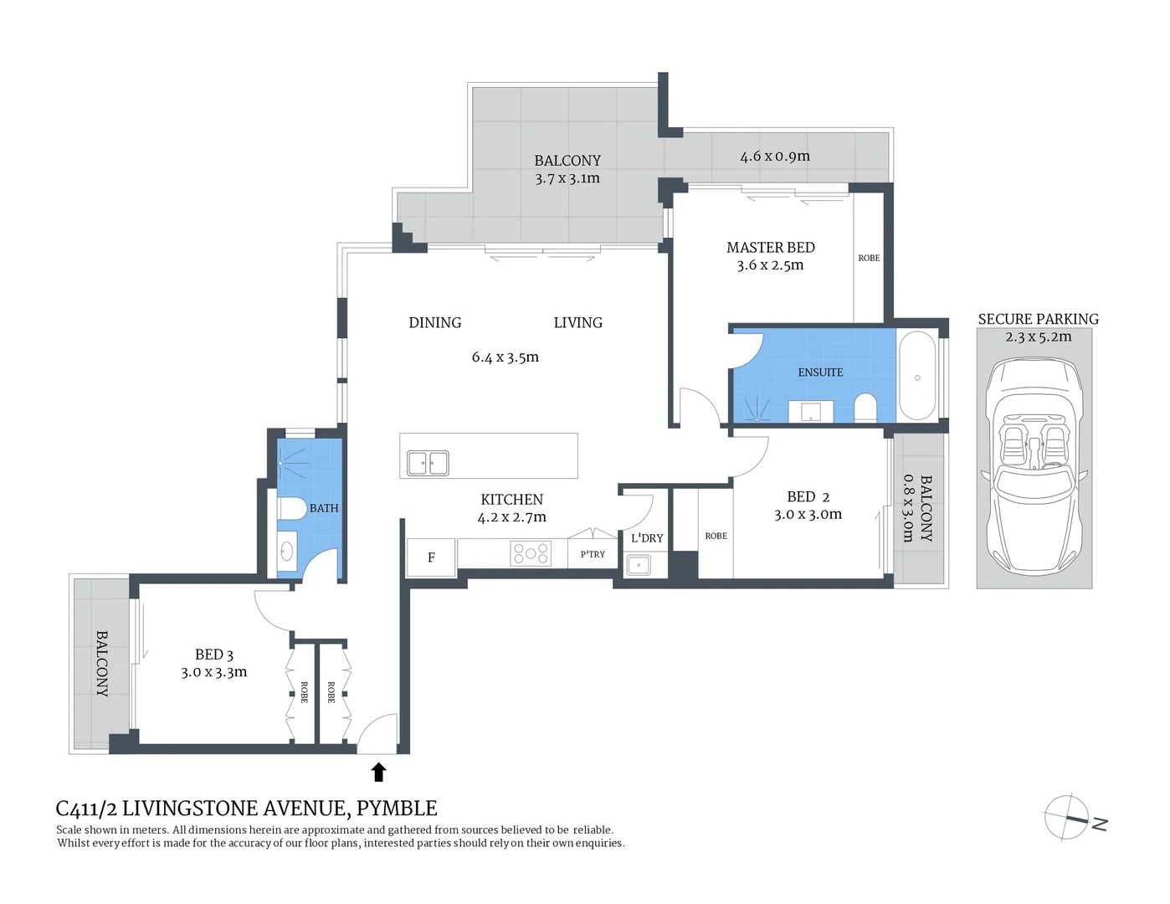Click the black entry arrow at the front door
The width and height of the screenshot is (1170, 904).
pos(378,772)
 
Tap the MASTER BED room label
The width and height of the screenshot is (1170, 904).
pos(770,248)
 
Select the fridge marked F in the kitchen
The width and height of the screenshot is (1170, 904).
pos(431,557)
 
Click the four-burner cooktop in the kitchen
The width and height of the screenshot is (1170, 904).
pos(531,553)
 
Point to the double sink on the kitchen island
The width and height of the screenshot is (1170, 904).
pos(428,463)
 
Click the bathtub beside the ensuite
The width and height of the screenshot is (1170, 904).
pos(917,377)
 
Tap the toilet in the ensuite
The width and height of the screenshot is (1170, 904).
pos(865,408)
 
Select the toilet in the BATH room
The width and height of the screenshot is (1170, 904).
pos(292,508)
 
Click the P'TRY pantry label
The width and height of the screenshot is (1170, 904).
pos(593,554)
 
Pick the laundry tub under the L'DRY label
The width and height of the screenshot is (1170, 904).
pos(639,565)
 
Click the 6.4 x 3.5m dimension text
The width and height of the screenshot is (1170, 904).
pos(505,357)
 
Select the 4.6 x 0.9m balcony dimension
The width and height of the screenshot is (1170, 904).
pos(774,157)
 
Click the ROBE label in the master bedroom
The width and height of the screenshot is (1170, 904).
pos(869,258)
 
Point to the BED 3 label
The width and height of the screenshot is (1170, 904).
pos(214,655)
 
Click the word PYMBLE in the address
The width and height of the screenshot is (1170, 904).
pos(397,809)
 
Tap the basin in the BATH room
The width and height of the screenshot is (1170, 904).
pos(287,551)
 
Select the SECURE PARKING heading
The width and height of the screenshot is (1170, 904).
pos(1038,319)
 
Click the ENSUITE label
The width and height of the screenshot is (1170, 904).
pos(820,372)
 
